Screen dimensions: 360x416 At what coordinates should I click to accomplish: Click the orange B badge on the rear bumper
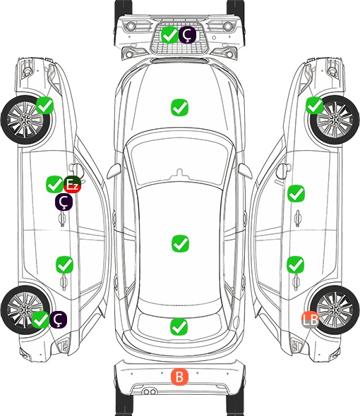[x=179, y=377]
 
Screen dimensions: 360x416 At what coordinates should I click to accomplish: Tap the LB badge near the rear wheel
[x=310, y=319]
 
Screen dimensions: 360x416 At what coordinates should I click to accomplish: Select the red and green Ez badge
[x=72, y=185]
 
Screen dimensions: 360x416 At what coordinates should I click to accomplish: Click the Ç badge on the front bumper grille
[x=187, y=35]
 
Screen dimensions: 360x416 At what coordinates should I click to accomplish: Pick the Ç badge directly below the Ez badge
[x=64, y=202]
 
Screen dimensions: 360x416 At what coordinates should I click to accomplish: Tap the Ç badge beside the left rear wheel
[x=58, y=319]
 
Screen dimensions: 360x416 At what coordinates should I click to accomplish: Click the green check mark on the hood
[x=179, y=107]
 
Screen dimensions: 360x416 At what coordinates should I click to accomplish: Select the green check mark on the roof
[x=180, y=243]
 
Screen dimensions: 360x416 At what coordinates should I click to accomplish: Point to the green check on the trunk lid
[x=179, y=326]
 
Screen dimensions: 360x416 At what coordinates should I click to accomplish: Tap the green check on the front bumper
[x=169, y=35]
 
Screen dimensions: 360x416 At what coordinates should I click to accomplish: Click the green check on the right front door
[x=296, y=194]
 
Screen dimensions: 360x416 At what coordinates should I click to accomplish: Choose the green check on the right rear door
[x=296, y=264]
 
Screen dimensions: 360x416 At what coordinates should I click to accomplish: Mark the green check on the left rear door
[x=64, y=264]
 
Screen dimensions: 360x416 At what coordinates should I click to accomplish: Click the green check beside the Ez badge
[x=55, y=185]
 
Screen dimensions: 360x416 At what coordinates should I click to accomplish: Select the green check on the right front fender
[x=315, y=106]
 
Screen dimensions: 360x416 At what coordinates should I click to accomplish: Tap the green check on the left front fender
[x=44, y=106]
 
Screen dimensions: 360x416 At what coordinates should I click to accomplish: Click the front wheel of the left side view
[x=25, y=120]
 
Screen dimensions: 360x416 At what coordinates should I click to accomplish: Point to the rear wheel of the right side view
[x=335, y=310]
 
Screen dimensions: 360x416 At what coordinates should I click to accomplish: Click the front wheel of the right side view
[x=335, y=120]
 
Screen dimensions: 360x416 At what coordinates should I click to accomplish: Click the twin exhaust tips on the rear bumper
[x=150, y=391]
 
